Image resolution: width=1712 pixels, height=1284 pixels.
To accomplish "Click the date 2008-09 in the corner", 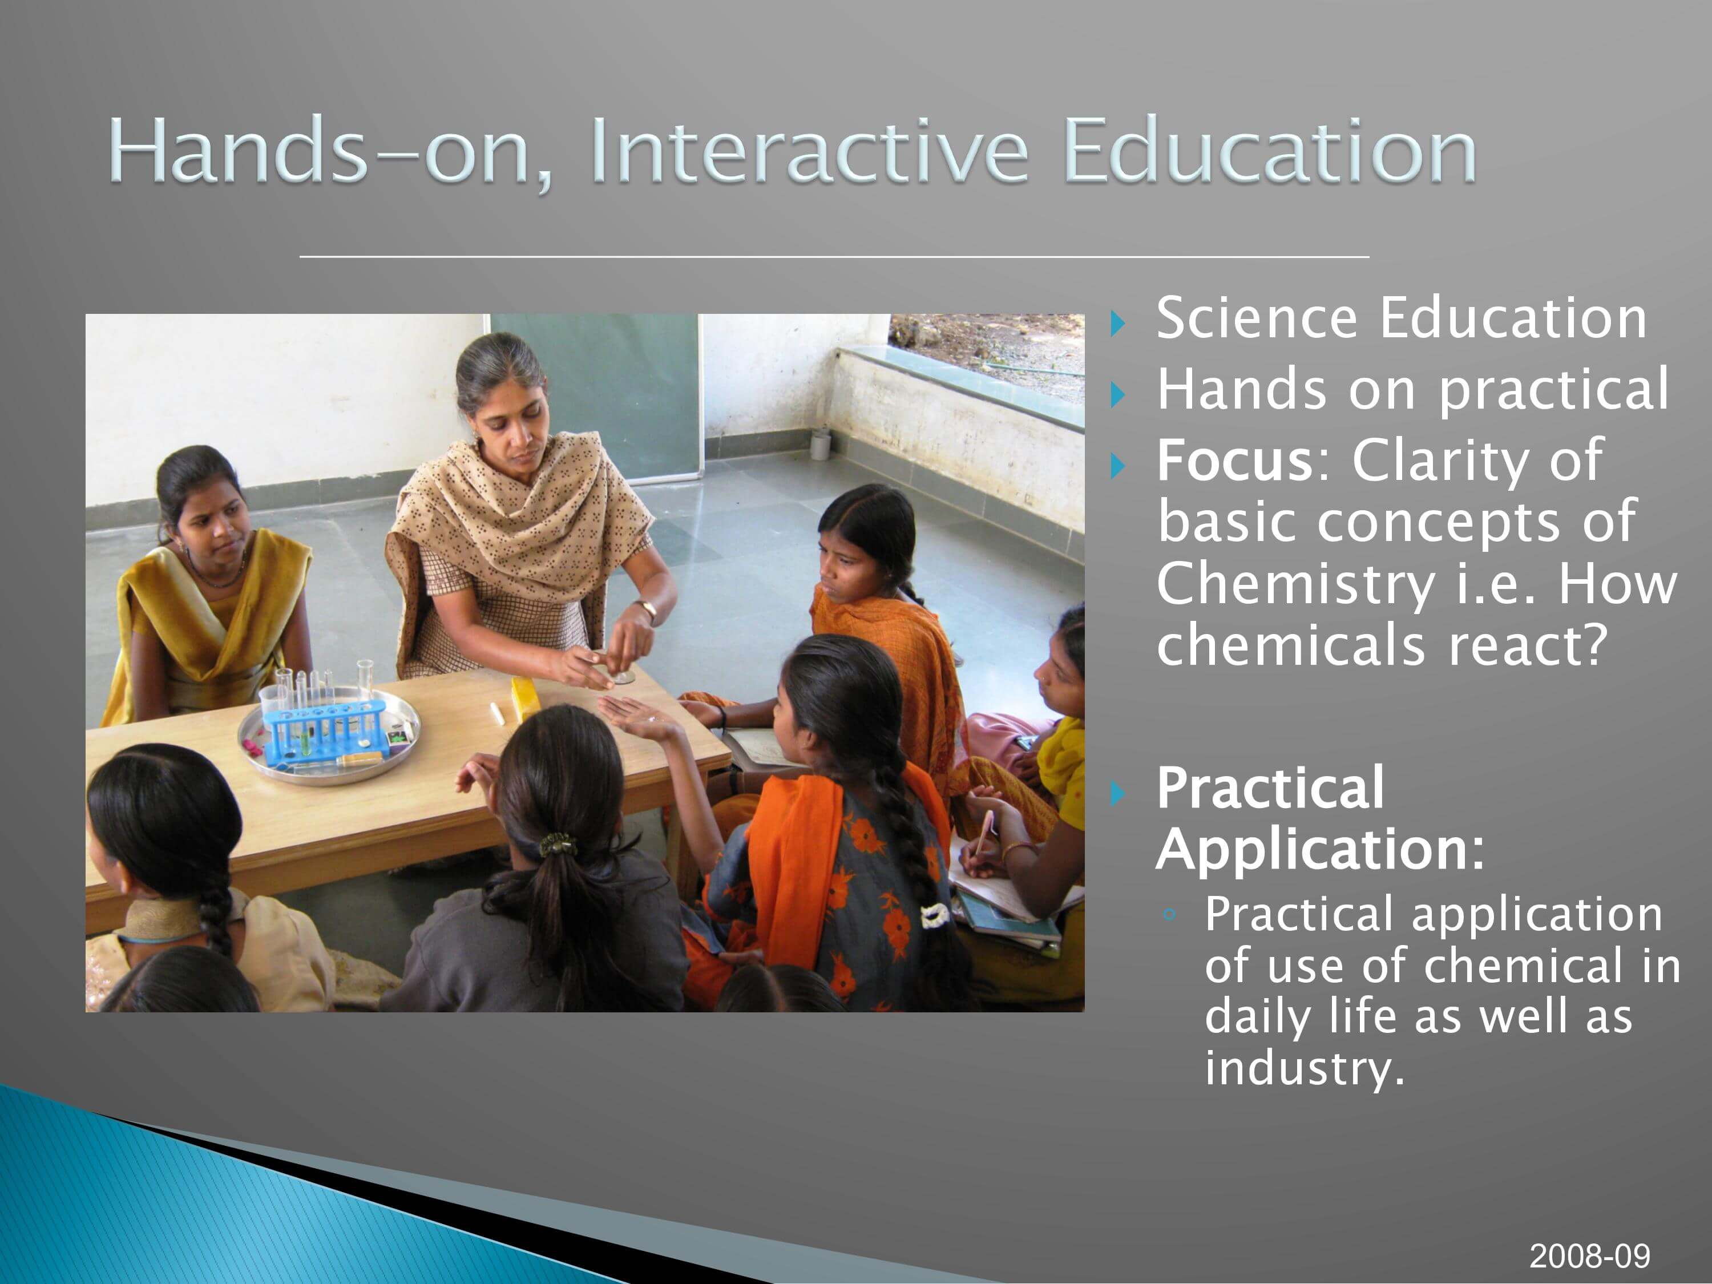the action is [x=1590, y=1256].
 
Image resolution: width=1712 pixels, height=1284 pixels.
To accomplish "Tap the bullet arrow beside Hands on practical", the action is [x=1117, y=395].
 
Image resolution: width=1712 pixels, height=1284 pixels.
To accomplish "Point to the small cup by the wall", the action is [x=819, y=446].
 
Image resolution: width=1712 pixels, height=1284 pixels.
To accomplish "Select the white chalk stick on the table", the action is [x=497, y=713].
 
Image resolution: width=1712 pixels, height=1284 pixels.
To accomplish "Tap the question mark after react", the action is [x=1593, y=645].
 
